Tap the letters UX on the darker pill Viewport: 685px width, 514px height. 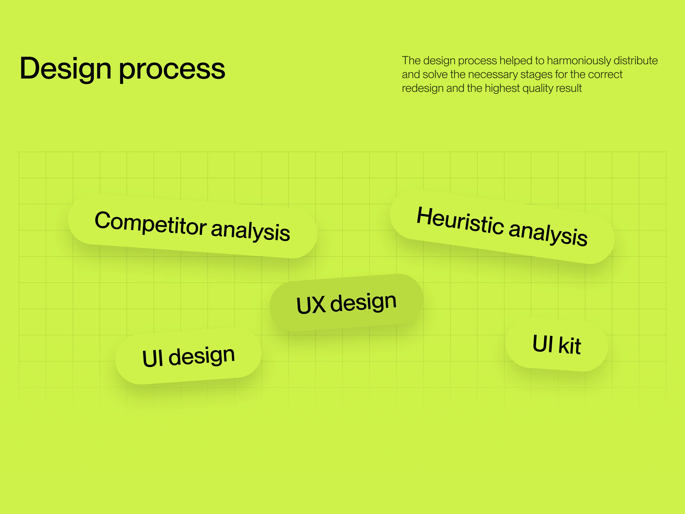pyautogui.click(x=311, y=305)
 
